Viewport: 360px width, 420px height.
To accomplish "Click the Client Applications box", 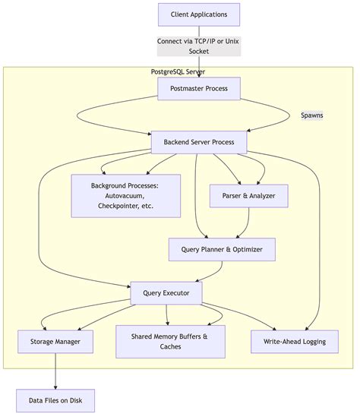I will (x=198, y=14).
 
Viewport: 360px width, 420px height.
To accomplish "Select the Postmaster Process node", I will (x=198, y=89).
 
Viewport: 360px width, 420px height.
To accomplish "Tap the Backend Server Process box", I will (x=198, y=142).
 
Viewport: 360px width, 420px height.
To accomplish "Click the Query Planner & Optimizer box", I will (x=221, y=249).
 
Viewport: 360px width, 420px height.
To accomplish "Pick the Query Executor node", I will (x=166, y=293).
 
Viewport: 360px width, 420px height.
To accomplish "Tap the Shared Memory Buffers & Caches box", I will (x=170, y=341).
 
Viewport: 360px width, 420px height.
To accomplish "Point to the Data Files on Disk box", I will (x=55, y=400).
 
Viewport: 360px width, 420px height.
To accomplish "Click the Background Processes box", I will (x=125, y=195).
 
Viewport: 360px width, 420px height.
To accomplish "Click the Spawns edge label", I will (x=311, y=115).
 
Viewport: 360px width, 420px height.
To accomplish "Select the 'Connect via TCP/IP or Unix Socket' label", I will (x=198, y=46).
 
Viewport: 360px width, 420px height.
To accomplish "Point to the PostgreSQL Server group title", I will (x=178, y=71).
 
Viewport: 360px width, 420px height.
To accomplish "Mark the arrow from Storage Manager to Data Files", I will (x=55, y=372).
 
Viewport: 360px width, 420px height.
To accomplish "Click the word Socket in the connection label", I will (x=198, y=51).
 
